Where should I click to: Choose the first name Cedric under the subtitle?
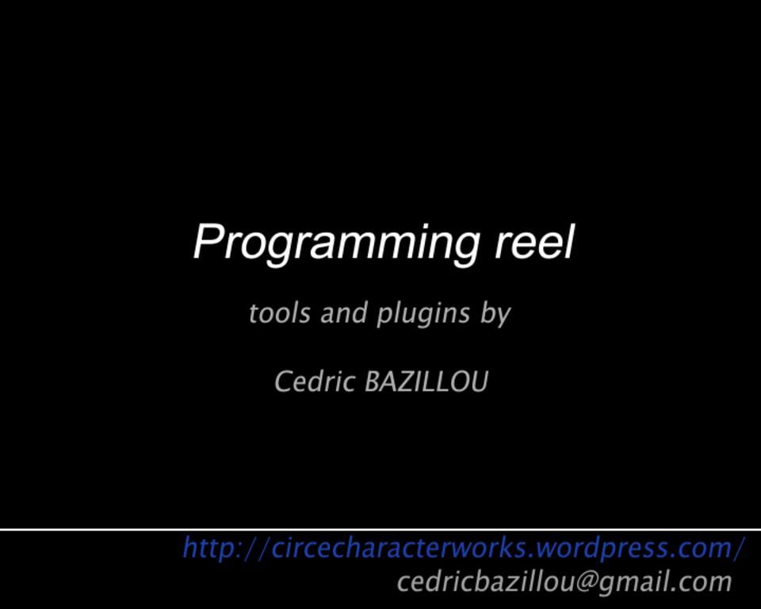tap(314, 382)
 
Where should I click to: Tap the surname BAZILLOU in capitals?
tap(426, 382)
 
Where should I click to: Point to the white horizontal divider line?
tap(380, 529)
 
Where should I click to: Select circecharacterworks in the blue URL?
tap(400, 548)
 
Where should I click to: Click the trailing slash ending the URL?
tap(740, 548)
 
